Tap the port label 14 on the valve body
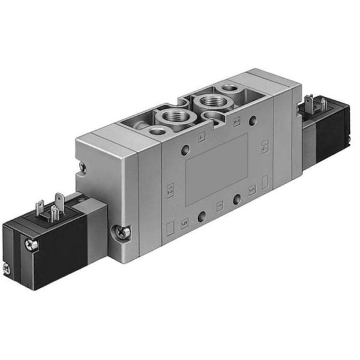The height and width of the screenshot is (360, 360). [x=264, y=146]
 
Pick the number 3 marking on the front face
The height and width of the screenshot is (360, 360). [x=253, y=191]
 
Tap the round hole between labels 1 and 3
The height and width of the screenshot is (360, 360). [x=238, y=199]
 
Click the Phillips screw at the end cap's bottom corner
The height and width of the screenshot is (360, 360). [x=121, y=229]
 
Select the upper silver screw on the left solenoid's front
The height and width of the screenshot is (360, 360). [x=32, y=244]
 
